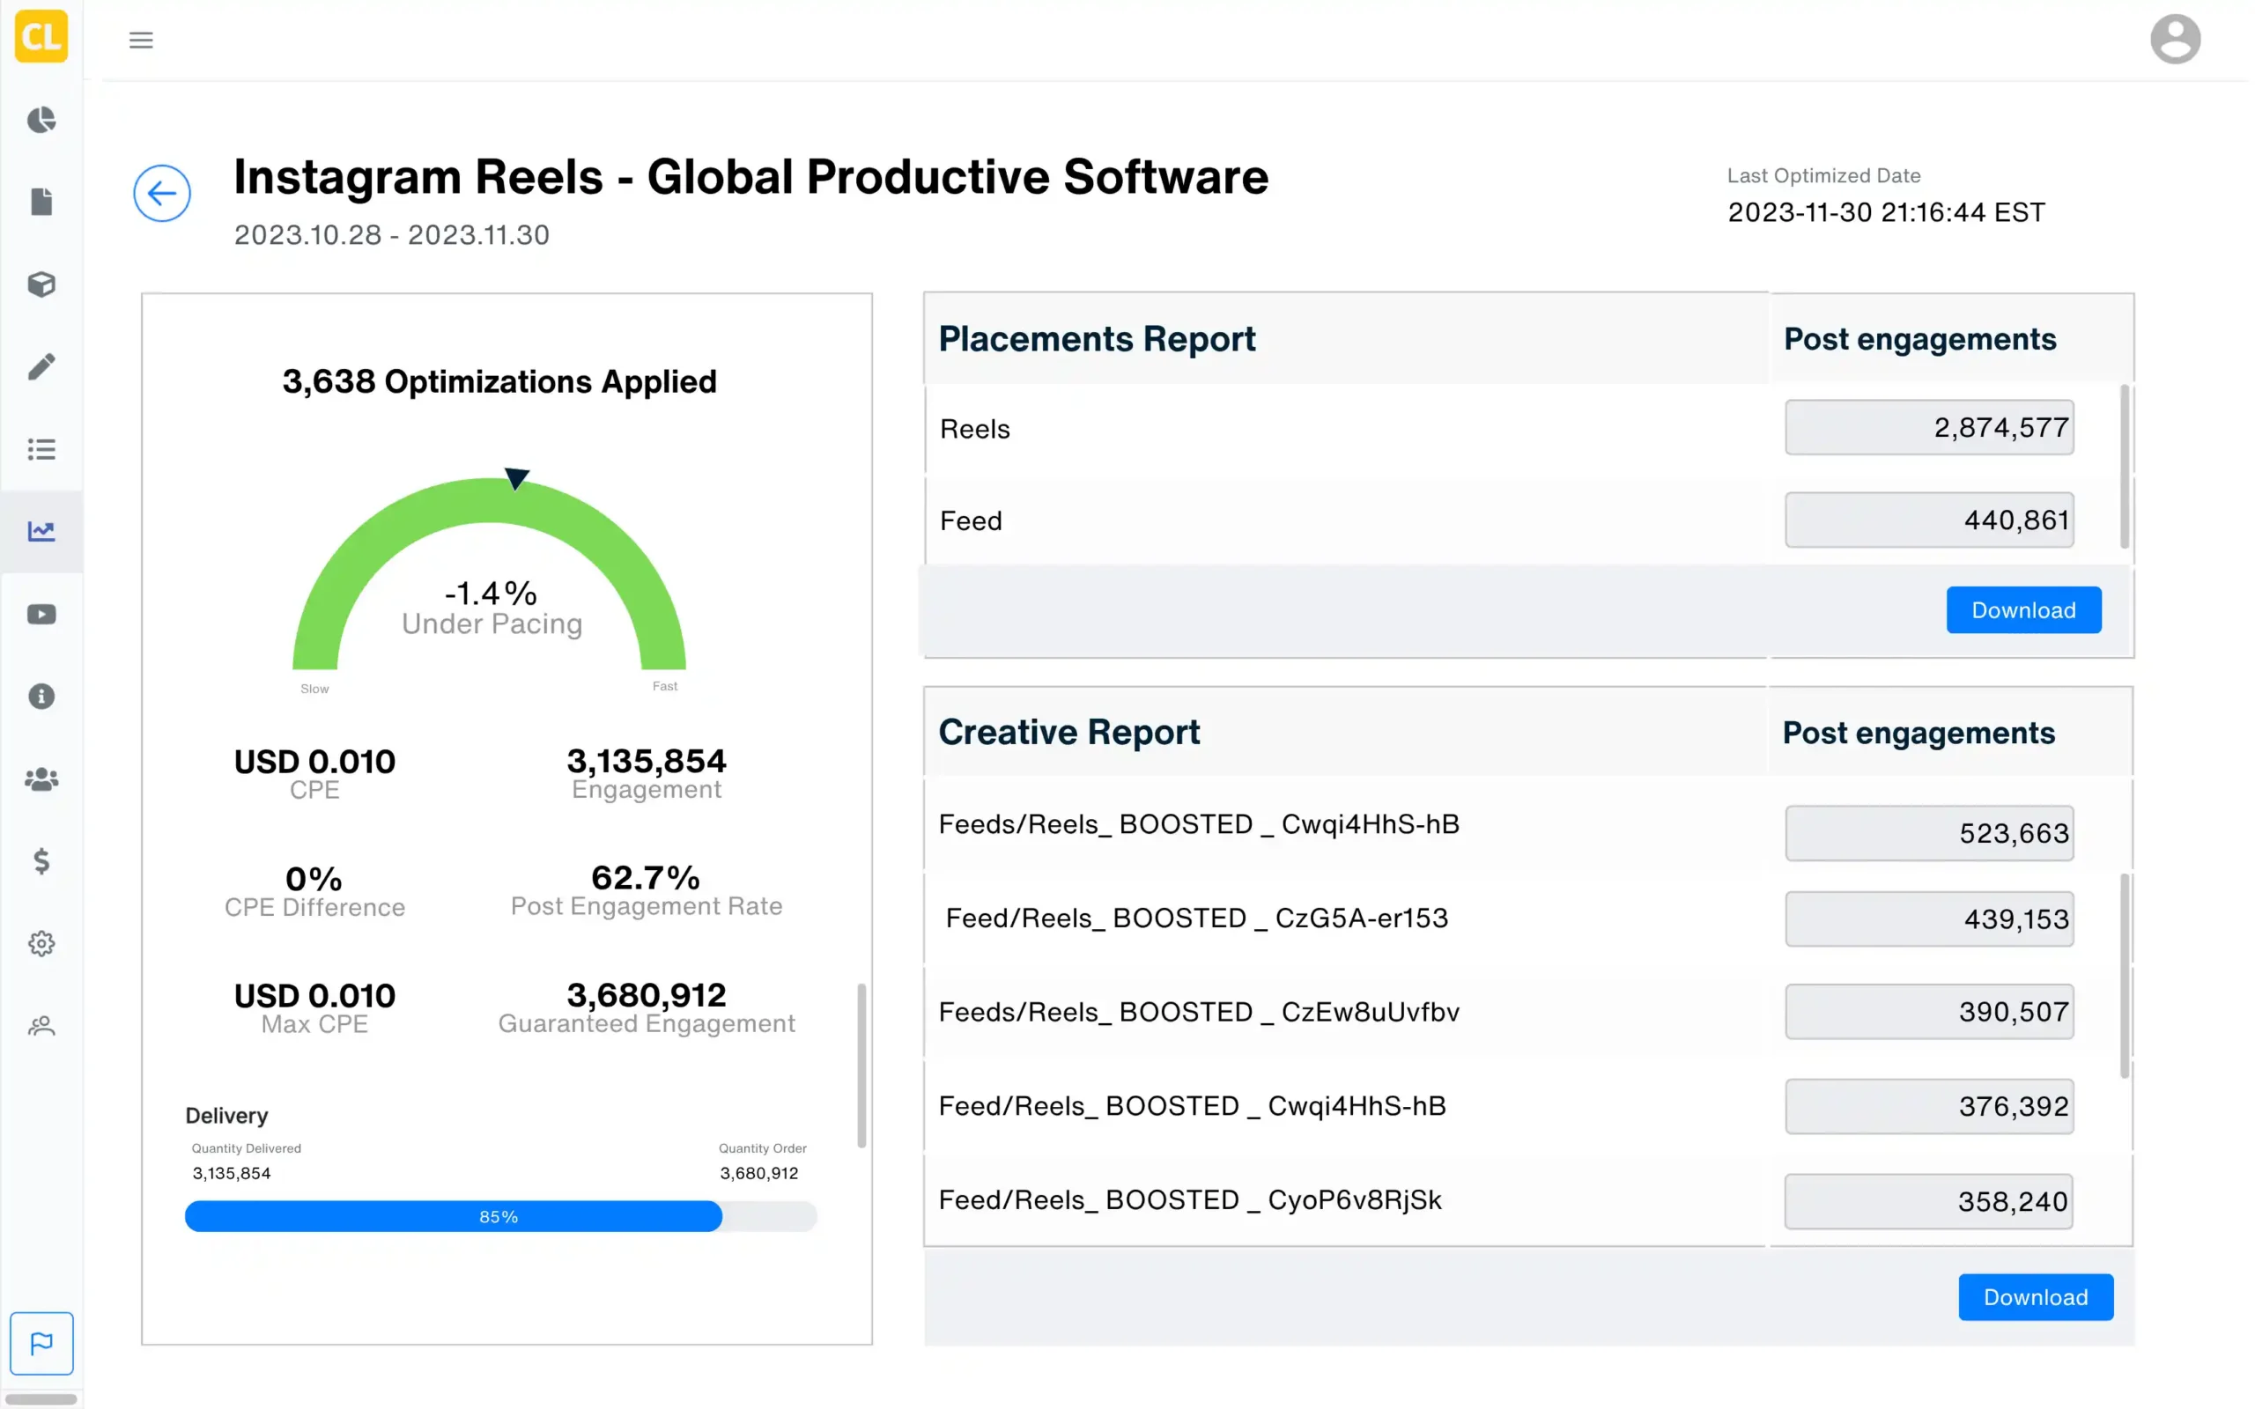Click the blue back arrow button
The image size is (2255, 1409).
[x=162, y=194]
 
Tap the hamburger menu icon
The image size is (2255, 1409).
[x=141, y=41]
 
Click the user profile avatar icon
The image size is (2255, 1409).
[x=2175, y=39]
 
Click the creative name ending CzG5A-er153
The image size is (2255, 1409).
[x=1196, y=918]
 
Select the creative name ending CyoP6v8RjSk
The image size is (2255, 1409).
[x=1190, y=1200]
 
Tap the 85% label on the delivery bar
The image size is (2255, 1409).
[x=499, y=1217]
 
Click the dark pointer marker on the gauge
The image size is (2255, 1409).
[x=516, y=478]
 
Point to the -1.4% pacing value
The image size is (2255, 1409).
[x=490, y=594]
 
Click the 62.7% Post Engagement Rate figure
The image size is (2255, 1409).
[x=646, y=878]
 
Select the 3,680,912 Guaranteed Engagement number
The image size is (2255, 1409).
[x=646, y=995]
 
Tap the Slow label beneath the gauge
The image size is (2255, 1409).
[x=315, y=690]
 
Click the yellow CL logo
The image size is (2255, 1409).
[x=42, y=36]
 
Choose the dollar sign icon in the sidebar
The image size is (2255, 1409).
[x=42, y=861]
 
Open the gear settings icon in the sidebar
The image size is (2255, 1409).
[x=42, y=944]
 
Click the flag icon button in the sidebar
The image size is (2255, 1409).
[x=42, y=1344]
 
